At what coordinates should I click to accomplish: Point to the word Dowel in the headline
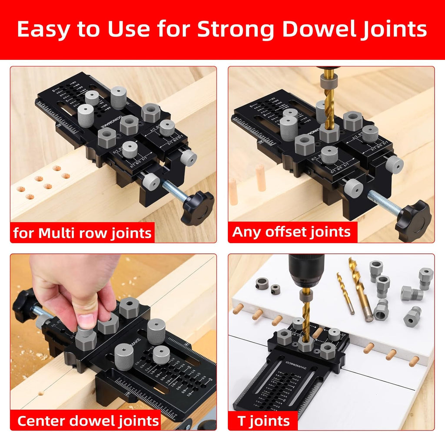point(320,30)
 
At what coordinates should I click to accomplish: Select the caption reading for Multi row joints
point(83,233)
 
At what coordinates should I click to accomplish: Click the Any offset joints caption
point(292,231)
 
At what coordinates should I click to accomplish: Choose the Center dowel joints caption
point(88,420)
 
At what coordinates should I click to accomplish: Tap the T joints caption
point(263,420)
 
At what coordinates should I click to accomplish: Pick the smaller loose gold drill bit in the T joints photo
point(345,293)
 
